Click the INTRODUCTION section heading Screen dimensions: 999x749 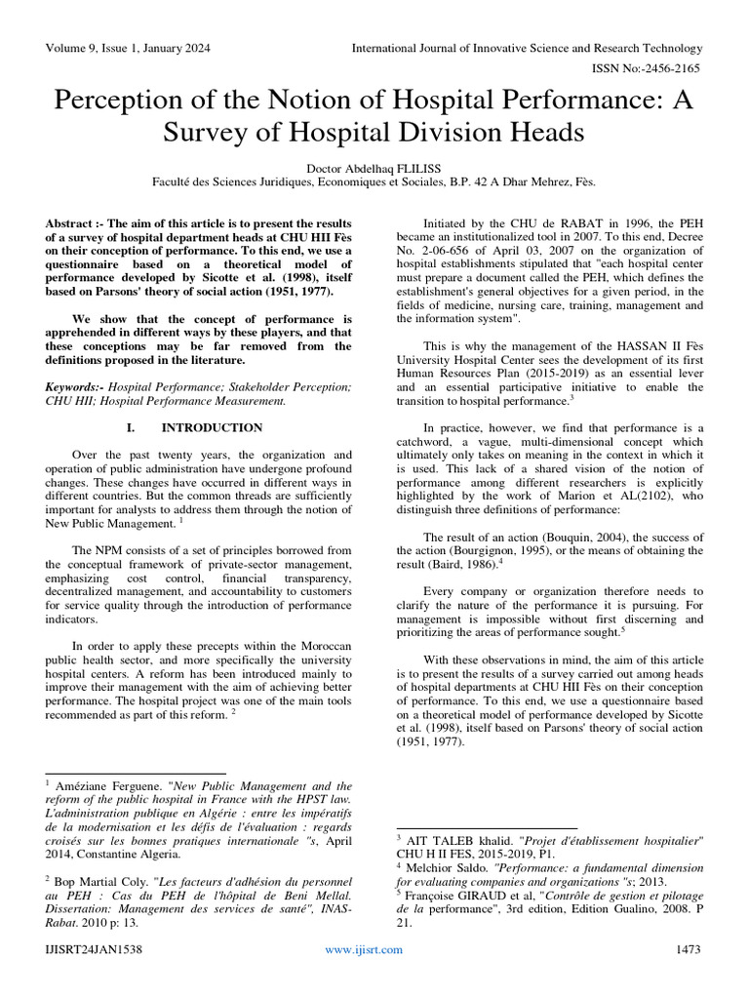(x=212, y=427)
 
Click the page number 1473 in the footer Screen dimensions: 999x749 (x=688, y=977)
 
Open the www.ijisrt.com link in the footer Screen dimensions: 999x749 (x=363, y=977)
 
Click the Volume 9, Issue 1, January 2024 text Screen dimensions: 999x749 (x=127, y=48)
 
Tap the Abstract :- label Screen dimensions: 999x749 (x=76, y=224)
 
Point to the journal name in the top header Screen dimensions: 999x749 (x=527, y=48)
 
